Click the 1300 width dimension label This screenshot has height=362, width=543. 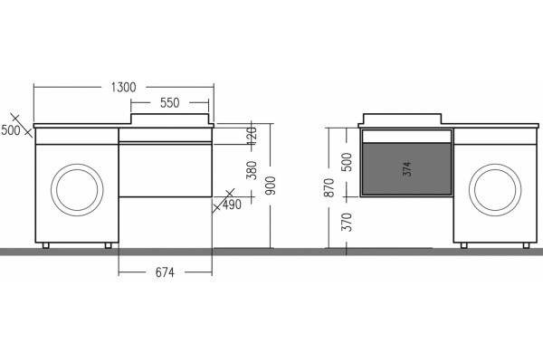(x=124, y=87)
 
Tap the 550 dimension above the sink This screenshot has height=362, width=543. (x=170, y=103)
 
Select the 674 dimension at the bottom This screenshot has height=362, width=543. (x=165, y=272)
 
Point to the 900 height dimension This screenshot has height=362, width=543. (x=271, y=186)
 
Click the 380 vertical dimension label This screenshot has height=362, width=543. (x=252, y=170)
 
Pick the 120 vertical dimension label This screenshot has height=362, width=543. (x=252, y=136)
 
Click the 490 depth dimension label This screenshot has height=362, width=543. (x=232, y=205)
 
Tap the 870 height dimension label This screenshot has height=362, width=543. (x=329, y=187)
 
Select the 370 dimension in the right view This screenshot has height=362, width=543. (x=347, y=222)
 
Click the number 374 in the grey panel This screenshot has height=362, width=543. (x=407, y=168)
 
